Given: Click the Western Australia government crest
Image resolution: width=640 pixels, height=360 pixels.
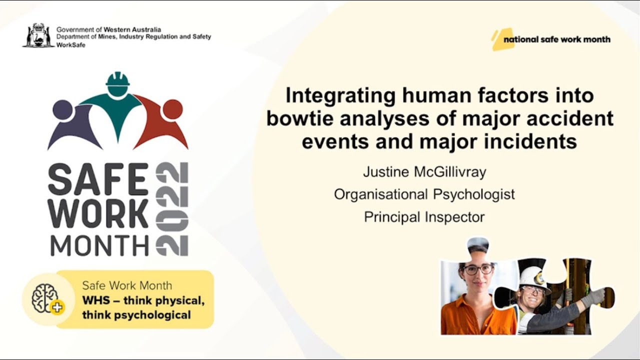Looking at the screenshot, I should tap(38, 35).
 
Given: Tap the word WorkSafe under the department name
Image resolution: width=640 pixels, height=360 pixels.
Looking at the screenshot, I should tap(71, 45).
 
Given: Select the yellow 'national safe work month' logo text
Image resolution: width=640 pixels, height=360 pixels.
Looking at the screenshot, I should tap(556, 39).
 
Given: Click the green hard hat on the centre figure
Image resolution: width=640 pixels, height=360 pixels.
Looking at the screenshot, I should tap(118, 79).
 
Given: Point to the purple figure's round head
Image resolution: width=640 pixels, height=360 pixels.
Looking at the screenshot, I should tap(63, 109).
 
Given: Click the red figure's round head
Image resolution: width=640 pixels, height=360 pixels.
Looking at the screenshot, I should tap(172, 109).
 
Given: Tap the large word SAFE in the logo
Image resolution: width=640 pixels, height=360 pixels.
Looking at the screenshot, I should tap(98, 179).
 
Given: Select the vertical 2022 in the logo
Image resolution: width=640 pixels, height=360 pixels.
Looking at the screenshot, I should tap(172, 208).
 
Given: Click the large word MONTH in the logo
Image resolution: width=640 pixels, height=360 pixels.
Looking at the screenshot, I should tap(100, 245).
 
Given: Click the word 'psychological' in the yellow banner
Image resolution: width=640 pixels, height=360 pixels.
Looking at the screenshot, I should tap(159, 315).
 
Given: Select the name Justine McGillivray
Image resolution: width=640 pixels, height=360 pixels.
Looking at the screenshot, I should tap(424, 172).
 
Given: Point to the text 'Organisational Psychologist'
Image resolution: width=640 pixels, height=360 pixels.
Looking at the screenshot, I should tap(424, 194).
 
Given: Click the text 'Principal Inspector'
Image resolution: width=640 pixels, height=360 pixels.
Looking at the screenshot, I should tap(424, 217).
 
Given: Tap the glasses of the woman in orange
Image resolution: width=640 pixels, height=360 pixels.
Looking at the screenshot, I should tap(478, 269).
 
